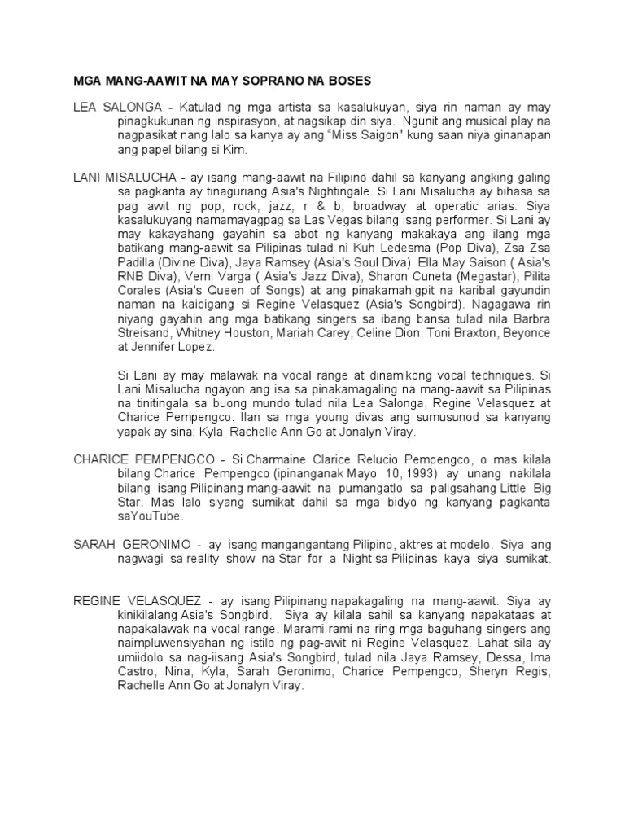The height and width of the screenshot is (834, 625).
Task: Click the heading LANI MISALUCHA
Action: point(125,178)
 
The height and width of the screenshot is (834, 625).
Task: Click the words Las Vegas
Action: point(340,222)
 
